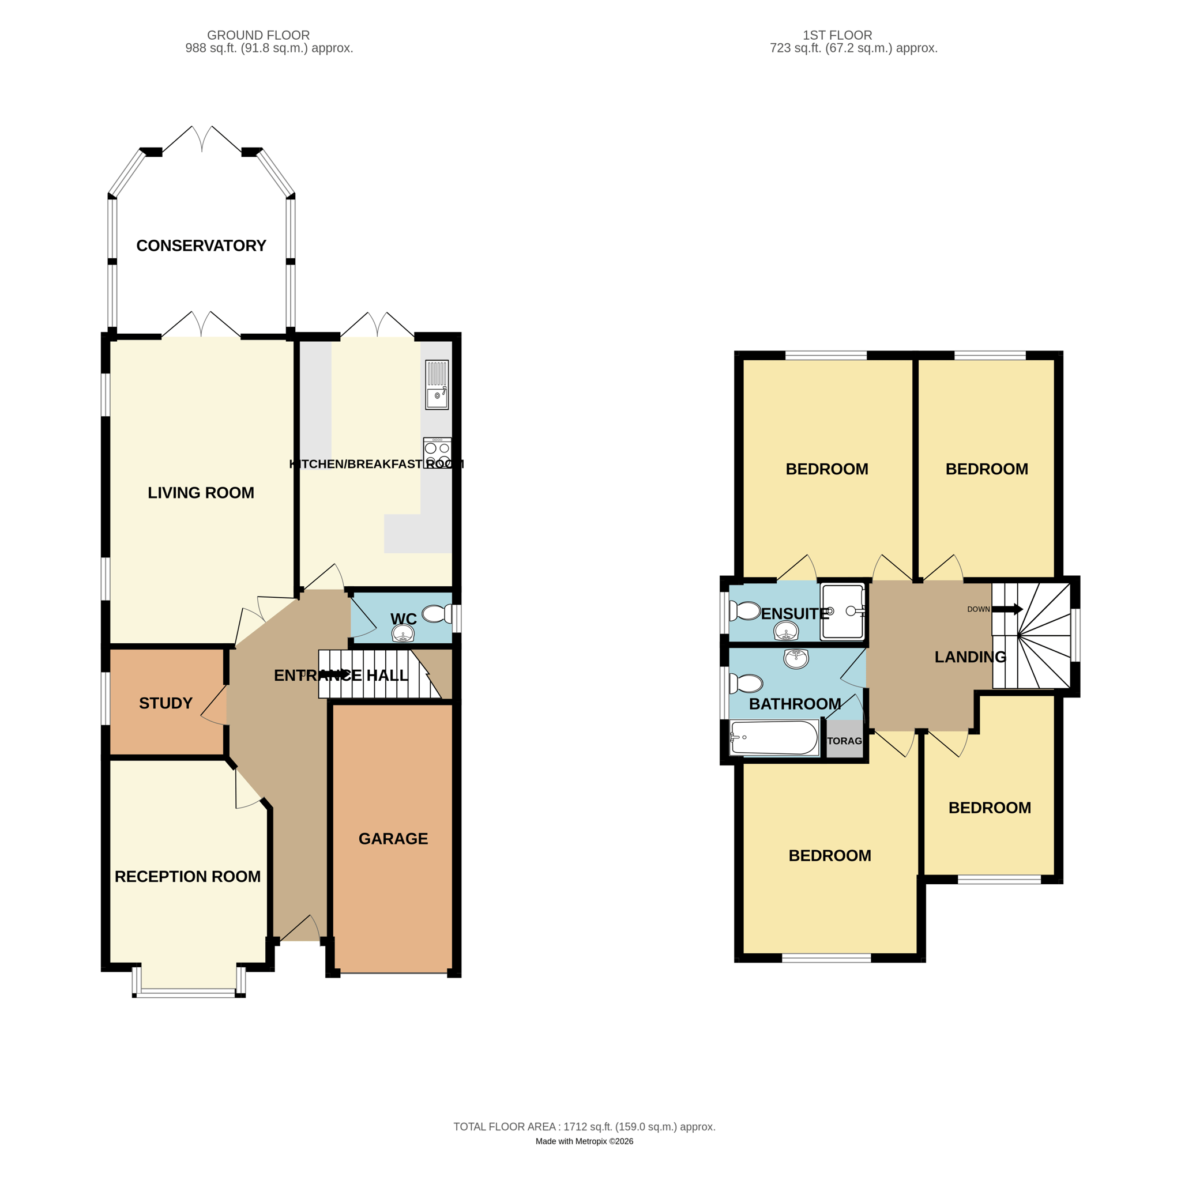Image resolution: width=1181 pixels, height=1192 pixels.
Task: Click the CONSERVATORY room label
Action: [x=201, y=246]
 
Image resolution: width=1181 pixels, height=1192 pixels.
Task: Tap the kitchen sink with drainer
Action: [x=437, y=384]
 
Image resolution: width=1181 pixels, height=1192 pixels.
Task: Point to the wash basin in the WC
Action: [x=403, y=633]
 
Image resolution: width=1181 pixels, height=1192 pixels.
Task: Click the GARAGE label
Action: [x=393, y=839]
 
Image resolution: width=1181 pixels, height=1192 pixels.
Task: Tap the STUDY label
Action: [x=166, y=703]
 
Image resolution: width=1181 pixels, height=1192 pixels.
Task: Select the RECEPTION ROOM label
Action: [x=187, y=876]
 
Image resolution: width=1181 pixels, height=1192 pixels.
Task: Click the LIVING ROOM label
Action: [x=201, y=492]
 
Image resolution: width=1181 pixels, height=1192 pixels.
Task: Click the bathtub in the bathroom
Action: [x=774, y=737]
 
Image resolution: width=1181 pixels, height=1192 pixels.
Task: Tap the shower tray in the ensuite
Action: [x=843, y=612]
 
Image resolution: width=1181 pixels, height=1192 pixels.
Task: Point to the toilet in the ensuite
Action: [x=744, y=611]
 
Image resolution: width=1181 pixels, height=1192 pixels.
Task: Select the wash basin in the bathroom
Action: [x=796, y=658]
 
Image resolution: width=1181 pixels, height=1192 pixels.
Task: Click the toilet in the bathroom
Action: [x=746, y=683]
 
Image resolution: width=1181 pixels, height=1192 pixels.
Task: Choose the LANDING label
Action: [x=970, y=657]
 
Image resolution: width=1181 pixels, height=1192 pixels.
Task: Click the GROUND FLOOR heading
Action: [x=258, y=35]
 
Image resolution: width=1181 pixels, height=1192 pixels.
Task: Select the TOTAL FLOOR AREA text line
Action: [x=584, y=1127]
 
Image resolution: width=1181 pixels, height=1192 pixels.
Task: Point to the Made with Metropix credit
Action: [x=584, y=1141]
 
